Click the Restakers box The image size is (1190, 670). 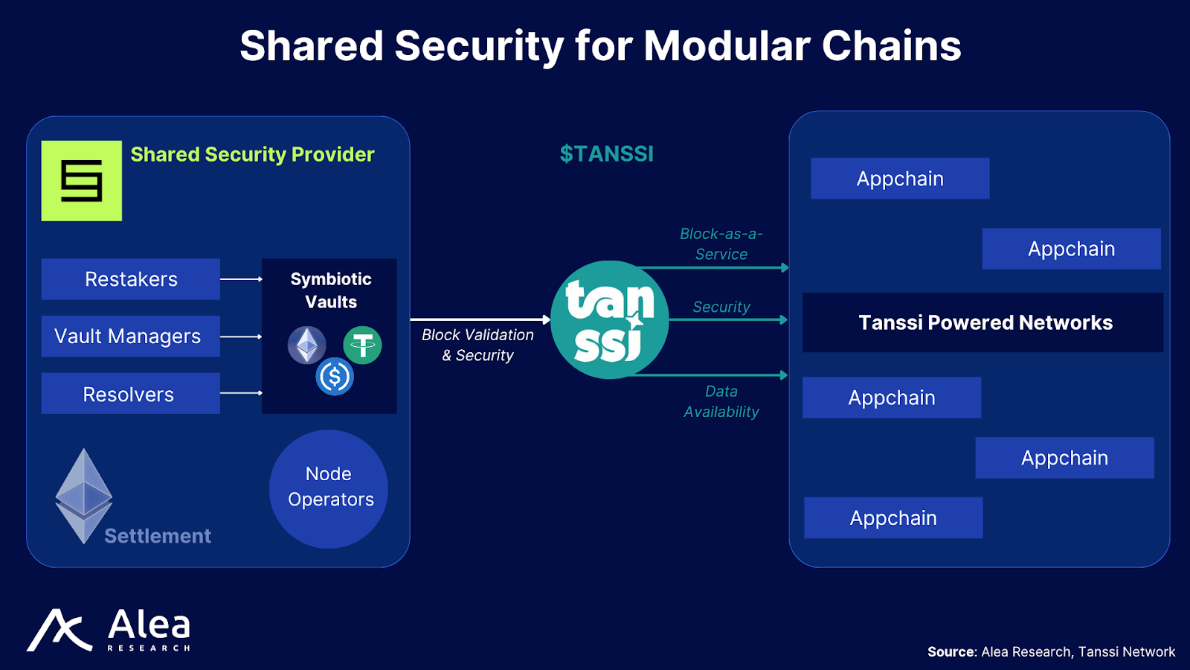coord(131,279)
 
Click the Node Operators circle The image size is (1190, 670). coord(329,488)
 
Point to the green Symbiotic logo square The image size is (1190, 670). coord(82,181)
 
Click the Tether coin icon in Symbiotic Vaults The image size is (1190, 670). coord(362,345)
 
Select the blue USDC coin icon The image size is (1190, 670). coord(335,377)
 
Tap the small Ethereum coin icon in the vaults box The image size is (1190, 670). coord(306,345)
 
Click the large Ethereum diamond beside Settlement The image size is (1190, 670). coord(83,495)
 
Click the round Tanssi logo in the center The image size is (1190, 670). coord(610,319)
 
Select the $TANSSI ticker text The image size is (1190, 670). coord(606,154)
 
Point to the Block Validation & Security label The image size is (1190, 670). coord(477,345)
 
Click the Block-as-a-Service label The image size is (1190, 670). coord(721,243)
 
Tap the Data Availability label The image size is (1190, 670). coord(721,401)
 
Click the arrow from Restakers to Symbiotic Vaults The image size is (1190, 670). coord(241,279)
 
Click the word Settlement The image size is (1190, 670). coord(158,536)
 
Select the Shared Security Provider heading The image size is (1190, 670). coord(252,154)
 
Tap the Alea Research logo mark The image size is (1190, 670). coord(59,631)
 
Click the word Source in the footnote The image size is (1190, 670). coord(951,652)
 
